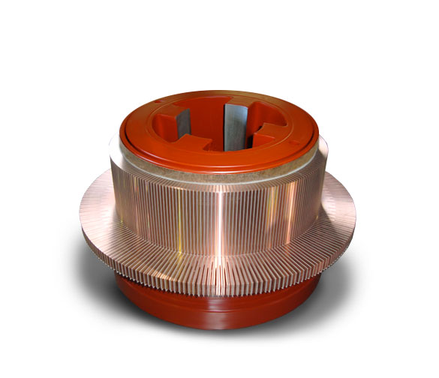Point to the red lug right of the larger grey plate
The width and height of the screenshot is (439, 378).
(x=264, y=135)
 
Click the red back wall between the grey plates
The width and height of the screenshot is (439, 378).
(x=214, y=112)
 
